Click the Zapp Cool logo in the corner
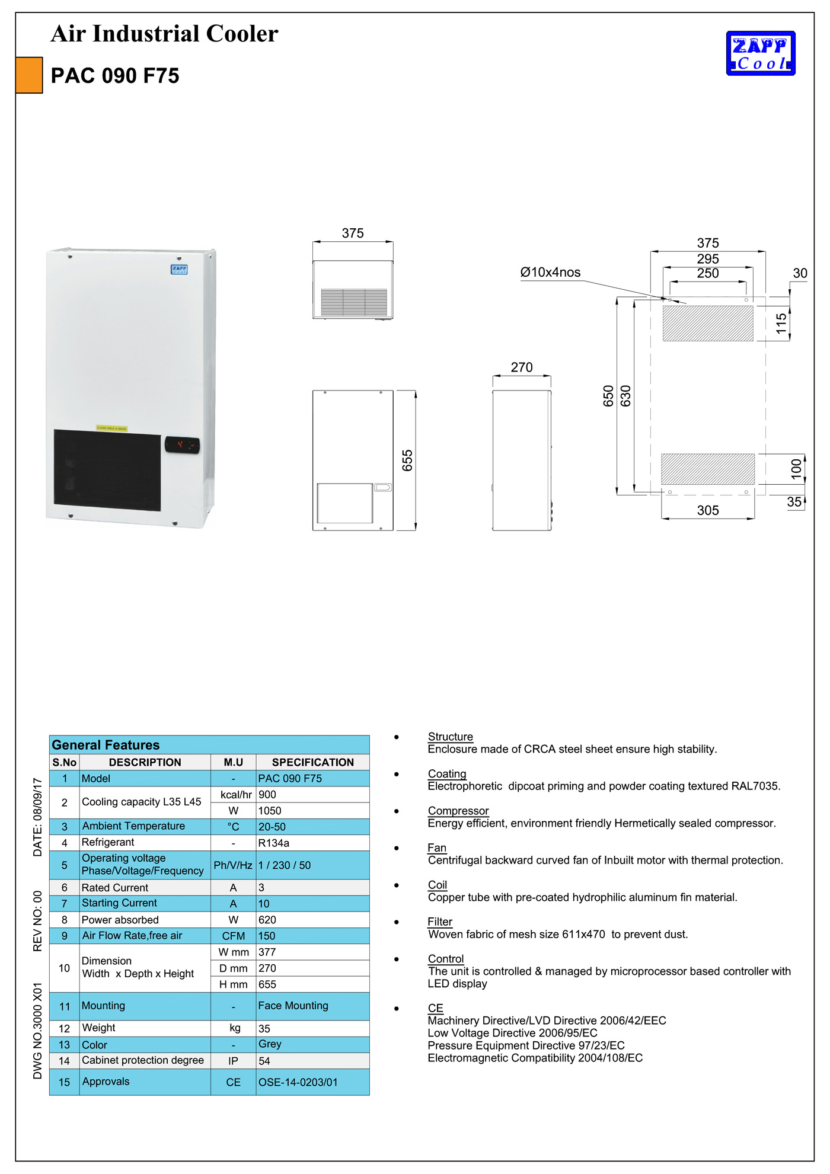pos(761,53)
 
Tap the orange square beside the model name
pos(29,75)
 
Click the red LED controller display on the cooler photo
pos(182,444)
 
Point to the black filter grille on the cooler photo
pos(107,470)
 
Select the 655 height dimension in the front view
pos(407,460)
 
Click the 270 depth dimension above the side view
pos(522,367)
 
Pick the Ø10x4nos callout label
pos(550,273)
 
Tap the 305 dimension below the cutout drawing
pos(708,510)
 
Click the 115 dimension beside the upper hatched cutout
pos(781,323)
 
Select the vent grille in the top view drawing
pos(354,302)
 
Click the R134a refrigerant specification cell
pos(274,843)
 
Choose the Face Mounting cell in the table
pos(293,1006)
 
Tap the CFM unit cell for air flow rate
pos(234,936)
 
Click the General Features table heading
pos(106,745)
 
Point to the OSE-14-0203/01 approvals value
pos(298,1082)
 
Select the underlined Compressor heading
pos(458,811)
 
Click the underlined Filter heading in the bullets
pos(440,922)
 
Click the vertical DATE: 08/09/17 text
pos(38,817)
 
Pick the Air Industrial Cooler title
pos(164,34)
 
